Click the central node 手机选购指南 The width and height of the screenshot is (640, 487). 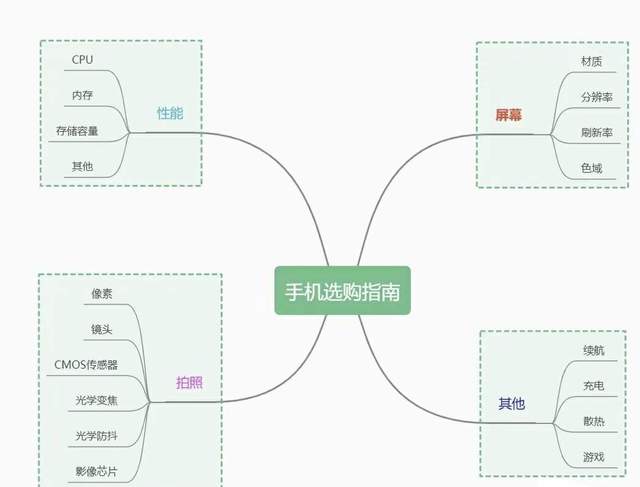pos(342,291)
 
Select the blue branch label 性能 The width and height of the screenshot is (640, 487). pos(170,113)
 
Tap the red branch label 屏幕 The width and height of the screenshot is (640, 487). pos(508,115)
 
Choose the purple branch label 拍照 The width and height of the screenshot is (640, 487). pos(188,383)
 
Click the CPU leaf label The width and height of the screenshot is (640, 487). pos(82,60)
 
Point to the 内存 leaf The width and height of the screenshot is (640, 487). pos(83,96)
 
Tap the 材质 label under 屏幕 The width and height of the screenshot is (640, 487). pos(592,62)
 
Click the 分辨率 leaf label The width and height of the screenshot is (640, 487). pos(597,97)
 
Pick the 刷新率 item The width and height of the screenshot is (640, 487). pos(597,133)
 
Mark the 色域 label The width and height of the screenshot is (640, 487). pos(592,168)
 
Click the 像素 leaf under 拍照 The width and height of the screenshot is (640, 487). pos(101,294)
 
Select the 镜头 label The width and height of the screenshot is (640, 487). pos(101,330)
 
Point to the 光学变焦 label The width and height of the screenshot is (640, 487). pos(96,401)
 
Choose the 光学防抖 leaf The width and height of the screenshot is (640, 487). pos(96,436)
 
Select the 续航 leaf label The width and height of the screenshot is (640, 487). pos(593,351)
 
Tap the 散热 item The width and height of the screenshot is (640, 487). pos(593,421)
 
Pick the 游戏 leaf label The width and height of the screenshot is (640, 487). pos(593,457)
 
